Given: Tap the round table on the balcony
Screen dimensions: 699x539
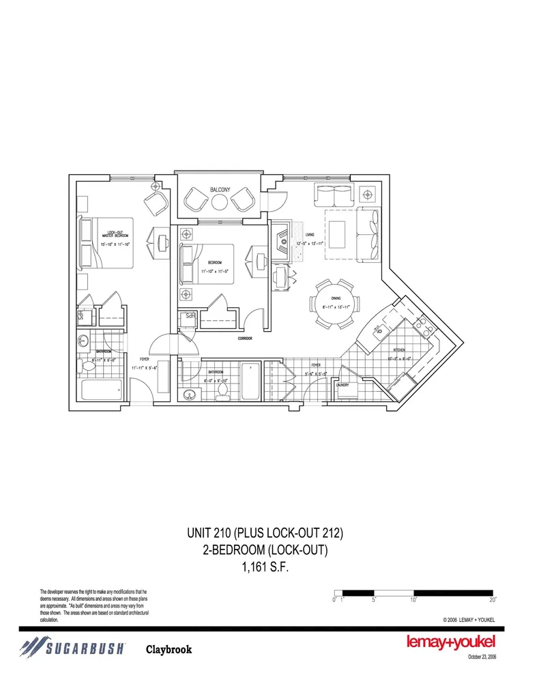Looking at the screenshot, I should [220, 202].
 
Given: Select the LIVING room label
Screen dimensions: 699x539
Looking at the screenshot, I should [309, 235].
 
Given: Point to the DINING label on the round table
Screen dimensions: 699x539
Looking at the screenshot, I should [336, 297].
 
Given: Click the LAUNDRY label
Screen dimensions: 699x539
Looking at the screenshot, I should [343, 384].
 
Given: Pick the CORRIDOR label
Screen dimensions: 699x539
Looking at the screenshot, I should [246, 339].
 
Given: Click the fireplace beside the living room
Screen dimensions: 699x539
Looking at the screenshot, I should [282, 241].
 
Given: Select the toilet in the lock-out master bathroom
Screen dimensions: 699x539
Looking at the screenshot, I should [86, 367].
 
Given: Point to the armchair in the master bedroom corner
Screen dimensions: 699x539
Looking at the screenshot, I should [156, 203].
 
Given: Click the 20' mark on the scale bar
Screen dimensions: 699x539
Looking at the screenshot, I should [493, 599].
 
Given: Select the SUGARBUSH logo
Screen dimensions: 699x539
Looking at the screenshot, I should [72, 648].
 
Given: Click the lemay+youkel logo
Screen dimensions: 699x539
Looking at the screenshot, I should [450, 642].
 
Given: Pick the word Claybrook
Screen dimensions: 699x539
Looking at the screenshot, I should [169, 649].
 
